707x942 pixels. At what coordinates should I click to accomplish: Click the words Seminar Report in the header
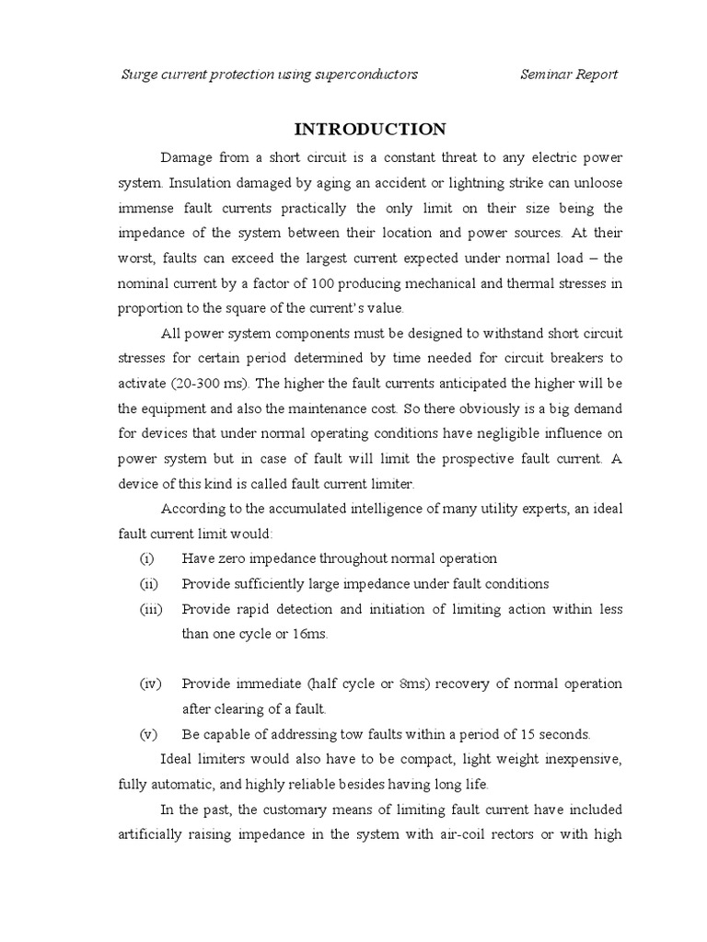[569, 75]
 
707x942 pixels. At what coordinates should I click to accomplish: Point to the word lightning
[417, 183]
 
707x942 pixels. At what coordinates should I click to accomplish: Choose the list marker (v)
[148, 734]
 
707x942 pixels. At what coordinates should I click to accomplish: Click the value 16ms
[311, 634]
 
